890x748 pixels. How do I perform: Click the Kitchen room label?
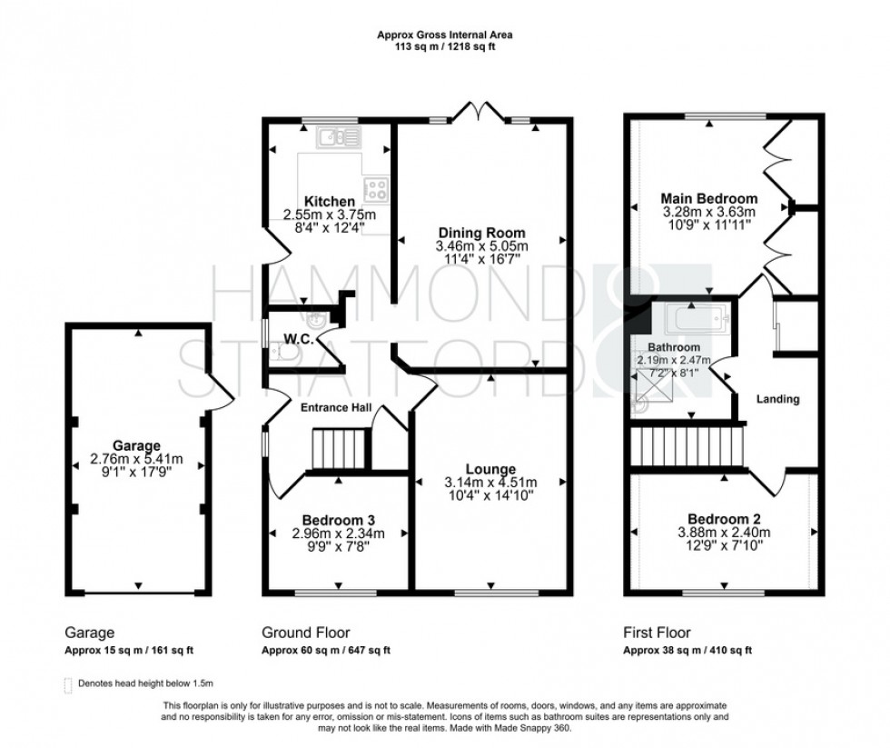[329, 201]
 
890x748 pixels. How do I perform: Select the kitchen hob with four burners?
[375, 189]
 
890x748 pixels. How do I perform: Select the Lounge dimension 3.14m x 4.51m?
[491, 483]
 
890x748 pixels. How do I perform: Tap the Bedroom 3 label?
[338, 519]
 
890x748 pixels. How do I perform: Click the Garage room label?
[137, 445]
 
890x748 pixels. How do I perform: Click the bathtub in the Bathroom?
[694, 319]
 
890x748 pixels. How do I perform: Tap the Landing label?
[778, 399]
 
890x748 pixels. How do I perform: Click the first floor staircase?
[688, 447]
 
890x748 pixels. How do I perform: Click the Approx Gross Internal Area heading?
[444, 36]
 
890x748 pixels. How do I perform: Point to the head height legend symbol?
[68, 683]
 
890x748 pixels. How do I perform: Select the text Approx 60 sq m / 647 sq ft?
[326, 651]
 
